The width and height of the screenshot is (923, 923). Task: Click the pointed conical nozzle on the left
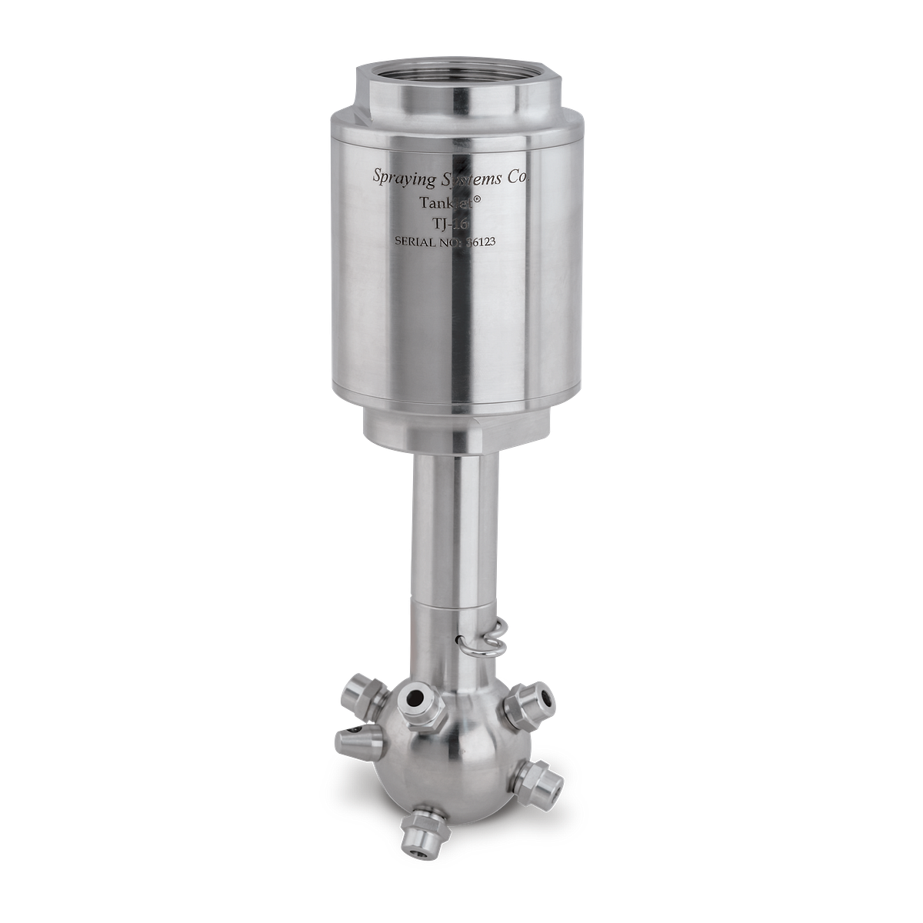355,741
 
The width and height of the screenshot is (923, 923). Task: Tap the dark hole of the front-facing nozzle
418,700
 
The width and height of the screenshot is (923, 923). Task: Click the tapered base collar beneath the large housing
455,431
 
